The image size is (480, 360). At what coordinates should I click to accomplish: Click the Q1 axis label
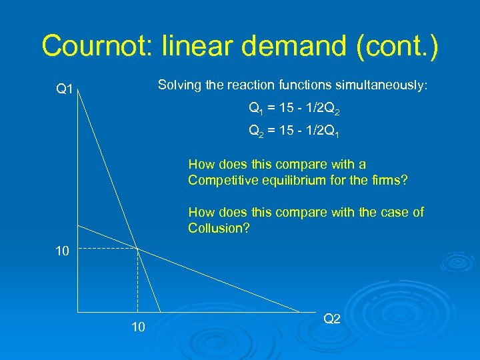[x=65, y=89]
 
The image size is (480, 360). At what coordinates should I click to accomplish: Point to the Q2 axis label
[x=332, y=319]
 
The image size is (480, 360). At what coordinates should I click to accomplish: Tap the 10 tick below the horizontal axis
[x=137, y=327]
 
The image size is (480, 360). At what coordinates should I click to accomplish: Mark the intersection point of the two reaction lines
[x=137, y=249]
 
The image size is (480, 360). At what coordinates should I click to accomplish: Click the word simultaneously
[x=382, y=85]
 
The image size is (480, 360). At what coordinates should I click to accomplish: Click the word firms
[x=392, y=180]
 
